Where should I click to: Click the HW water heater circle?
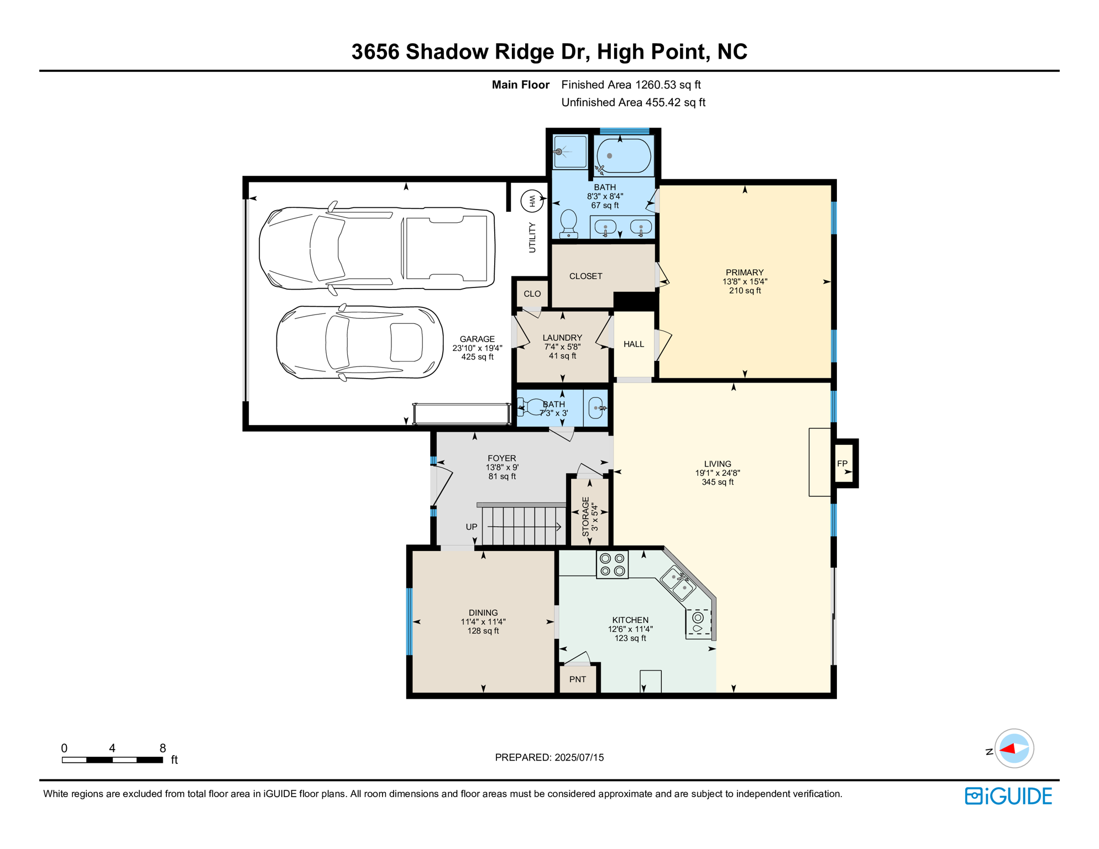532,201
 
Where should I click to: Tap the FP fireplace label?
842,464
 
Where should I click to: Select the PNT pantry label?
578,679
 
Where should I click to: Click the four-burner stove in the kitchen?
613,565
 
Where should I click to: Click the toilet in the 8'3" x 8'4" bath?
569,224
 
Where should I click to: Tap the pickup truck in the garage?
377,248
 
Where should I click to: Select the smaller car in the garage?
360,343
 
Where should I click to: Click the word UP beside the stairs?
472,527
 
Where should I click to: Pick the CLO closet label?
532,294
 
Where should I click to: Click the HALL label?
634,344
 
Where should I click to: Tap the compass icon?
1014,748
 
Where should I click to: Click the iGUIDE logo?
1008,796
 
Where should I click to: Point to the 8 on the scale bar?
163,748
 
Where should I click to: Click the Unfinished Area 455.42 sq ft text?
634,102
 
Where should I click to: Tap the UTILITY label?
532,238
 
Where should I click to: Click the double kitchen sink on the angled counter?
678,583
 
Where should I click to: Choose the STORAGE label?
585,517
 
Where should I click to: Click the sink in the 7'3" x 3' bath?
596,408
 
